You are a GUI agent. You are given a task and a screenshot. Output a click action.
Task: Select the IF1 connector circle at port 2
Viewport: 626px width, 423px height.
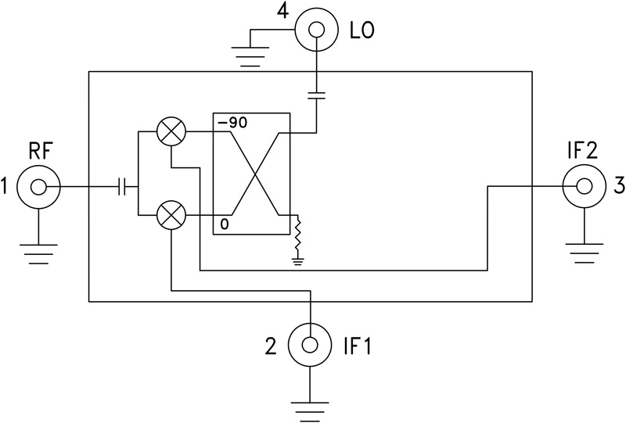click(310, 343)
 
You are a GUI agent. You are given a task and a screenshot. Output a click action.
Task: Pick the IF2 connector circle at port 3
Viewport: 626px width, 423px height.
click(584, 186)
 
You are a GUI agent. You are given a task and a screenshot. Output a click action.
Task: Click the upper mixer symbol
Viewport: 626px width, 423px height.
click(170, 132)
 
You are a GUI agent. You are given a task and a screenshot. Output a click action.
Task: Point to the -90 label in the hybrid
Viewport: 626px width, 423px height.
click(232, 124)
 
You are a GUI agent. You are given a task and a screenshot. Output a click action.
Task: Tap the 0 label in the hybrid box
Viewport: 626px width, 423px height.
click(224, 224)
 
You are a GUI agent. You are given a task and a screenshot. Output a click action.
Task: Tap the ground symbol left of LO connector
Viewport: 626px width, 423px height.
click(250, 53)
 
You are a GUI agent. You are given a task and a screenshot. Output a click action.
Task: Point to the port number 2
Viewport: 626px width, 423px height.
click(271, 345)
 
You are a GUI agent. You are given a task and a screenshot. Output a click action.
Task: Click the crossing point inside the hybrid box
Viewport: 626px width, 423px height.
click(252, 173)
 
